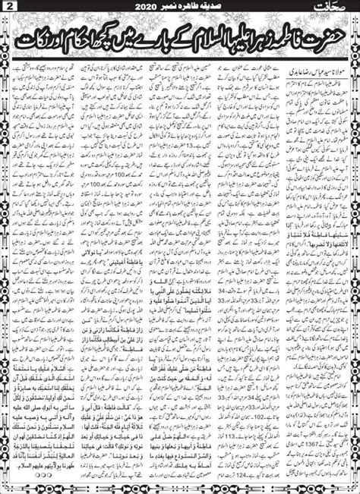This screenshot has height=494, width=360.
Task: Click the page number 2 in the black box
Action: point(8,8)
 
